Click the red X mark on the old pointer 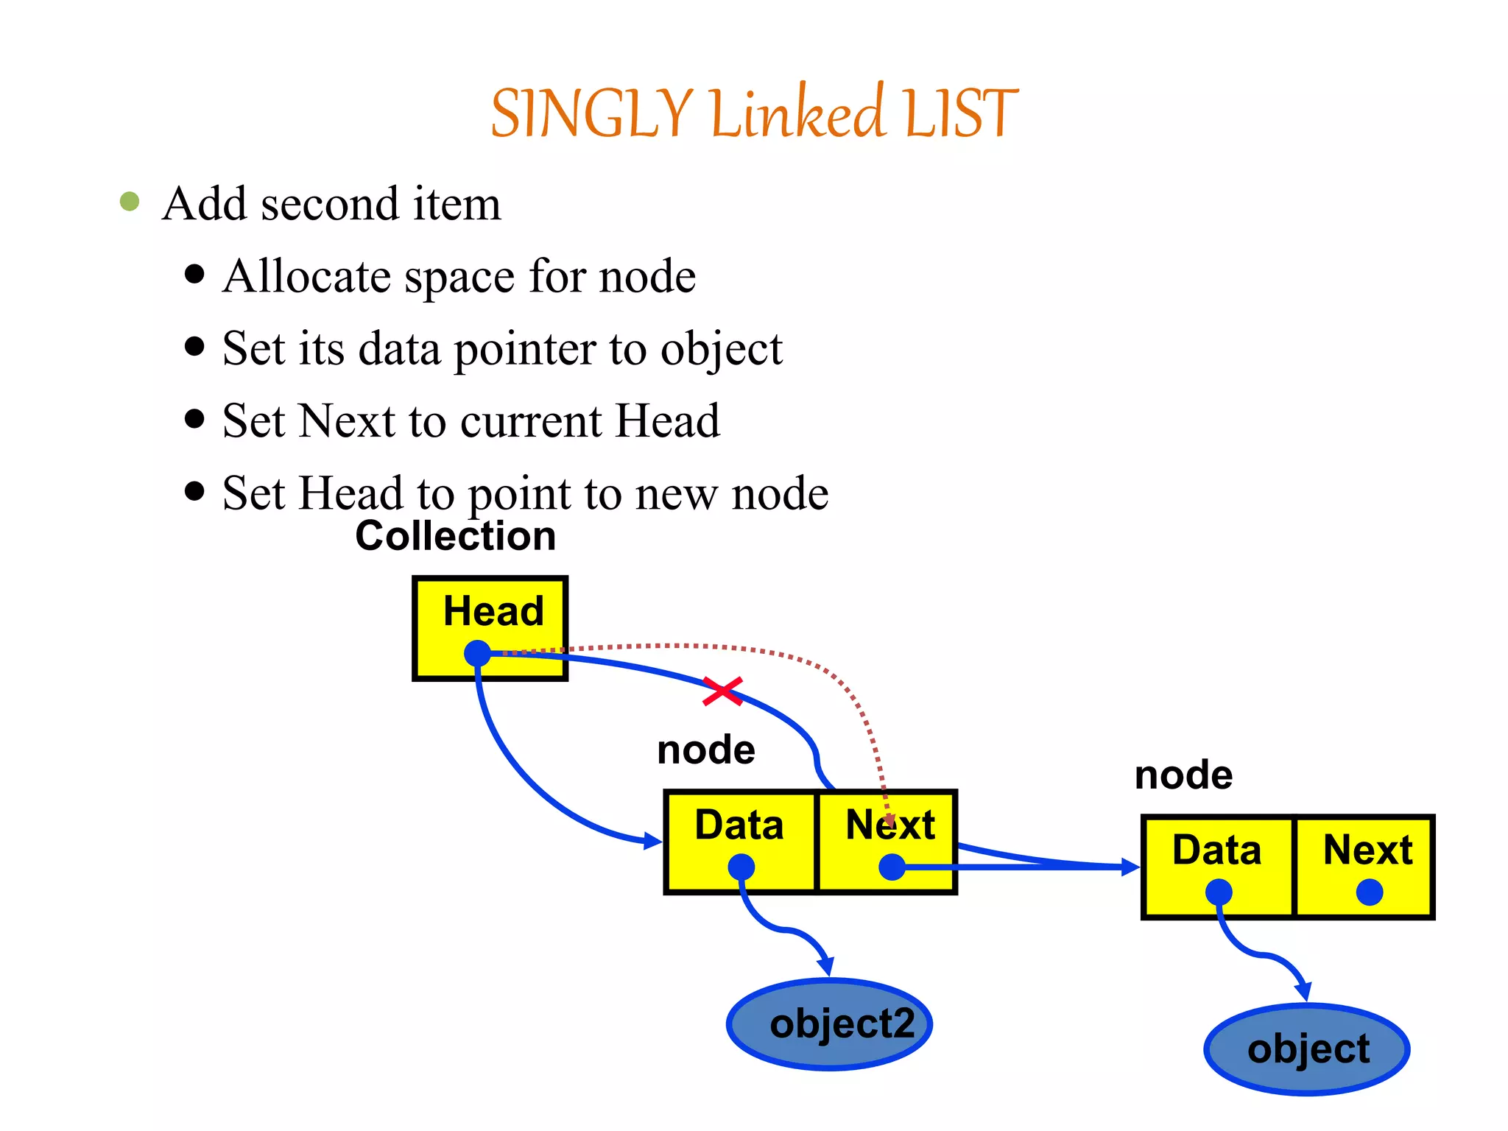[722, 691]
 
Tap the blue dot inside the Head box [478, 653]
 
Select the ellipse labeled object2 [830, 1024]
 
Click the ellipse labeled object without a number [1307, 1049]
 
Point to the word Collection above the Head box [455, 536]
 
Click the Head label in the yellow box [493, 611]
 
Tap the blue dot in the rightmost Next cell [1369, 892]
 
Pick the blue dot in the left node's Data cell [741, 867]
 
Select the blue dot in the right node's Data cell [1219, 892]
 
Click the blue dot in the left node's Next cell [892, 867]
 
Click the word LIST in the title [960, 114]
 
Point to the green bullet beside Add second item [130, 202]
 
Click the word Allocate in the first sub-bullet [306, 277]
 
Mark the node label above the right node [1183, 775]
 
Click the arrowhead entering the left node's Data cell [654, 841]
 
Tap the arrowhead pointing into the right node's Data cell [1130, 867]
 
